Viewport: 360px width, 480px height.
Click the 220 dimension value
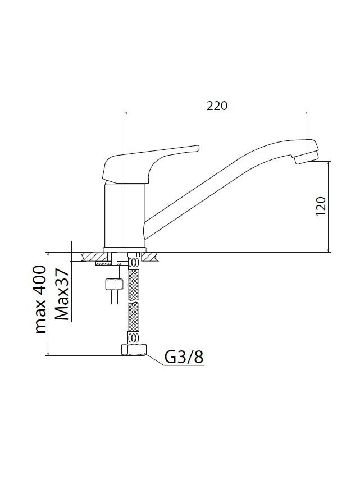[x=217, y=106]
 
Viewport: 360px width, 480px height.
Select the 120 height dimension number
[x=321, y=206]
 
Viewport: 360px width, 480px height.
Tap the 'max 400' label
[x=40, y=299]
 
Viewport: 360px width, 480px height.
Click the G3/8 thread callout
[x=184, y=356]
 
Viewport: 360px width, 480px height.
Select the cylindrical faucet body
[x=125, y=214]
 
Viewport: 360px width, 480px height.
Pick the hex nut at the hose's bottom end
[x=134, y=349]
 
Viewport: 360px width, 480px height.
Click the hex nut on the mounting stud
[x=114, y=285]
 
